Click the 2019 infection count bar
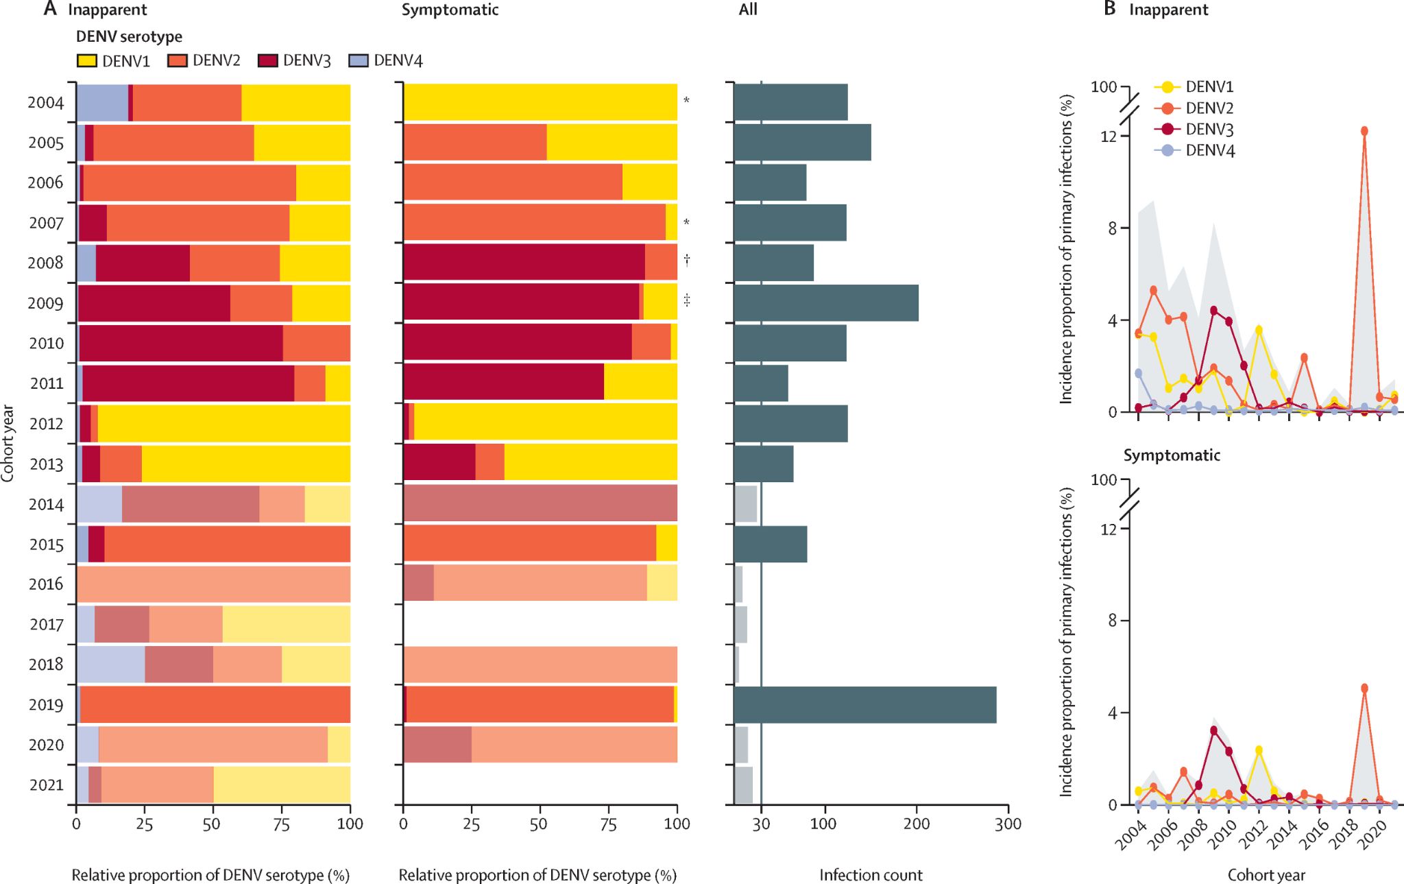click(x=864, y=704)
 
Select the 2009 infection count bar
click(x=825, y=303)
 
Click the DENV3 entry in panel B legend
click(x=1209, y=129)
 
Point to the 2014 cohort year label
click(x=46, y=505)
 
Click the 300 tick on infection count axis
click(x=1008, y=824)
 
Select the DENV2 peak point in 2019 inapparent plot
click(x=1364, y=131)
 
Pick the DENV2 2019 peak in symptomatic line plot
click(x=1364, y=688)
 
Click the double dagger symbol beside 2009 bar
click(x=686, y=300)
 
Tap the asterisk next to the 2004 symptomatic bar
click(x=686, y=101)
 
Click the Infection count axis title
click(x=871, y=875)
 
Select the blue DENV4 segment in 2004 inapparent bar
click(x=101, y=102)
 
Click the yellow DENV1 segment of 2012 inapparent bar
click(x=223, y=423)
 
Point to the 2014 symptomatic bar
click(x=540, y=503)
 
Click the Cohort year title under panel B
click(x=1266, y=875)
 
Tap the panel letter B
click(x=1110, y=9)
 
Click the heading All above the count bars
click(x=748, y=10)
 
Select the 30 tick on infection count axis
click(x=761, y=824)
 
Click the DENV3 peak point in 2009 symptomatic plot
click(x=1213, y=730)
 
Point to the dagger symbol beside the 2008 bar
click(x=686, y=260)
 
